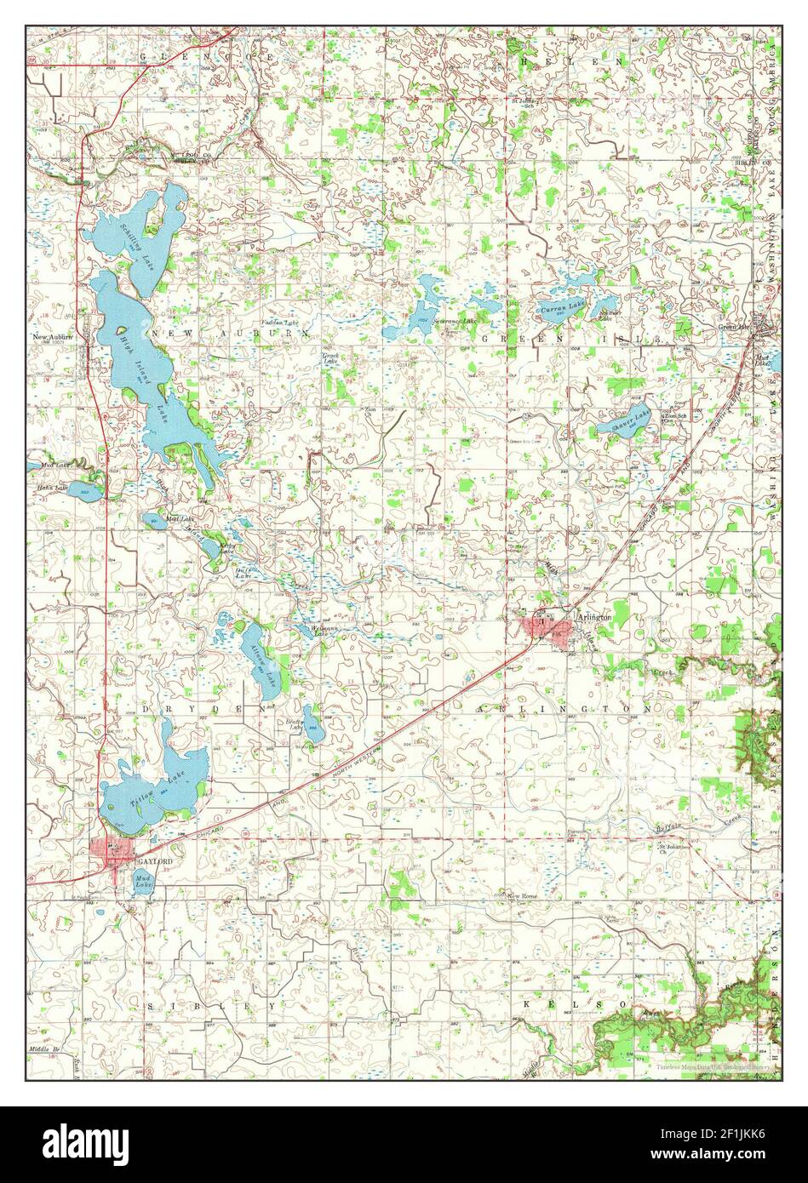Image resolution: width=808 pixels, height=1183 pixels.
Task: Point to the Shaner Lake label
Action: click(x=634, y=418)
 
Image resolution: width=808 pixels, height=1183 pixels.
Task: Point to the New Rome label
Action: click(x=523, y=896)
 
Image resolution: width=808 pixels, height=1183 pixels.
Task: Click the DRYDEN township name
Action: click(x=204, y=708)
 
